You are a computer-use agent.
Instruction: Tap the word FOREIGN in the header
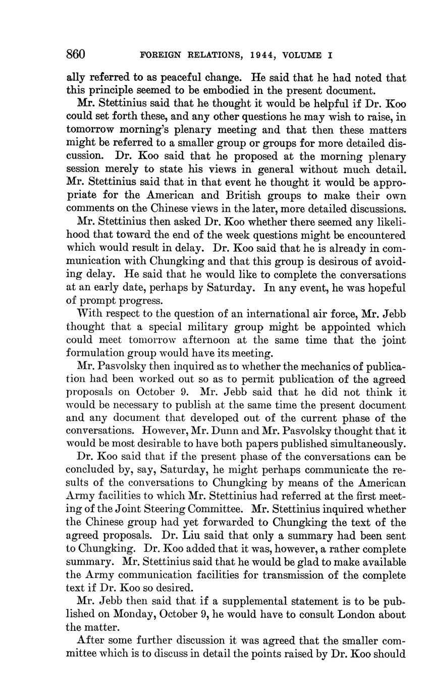click(x=159, y=55)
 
